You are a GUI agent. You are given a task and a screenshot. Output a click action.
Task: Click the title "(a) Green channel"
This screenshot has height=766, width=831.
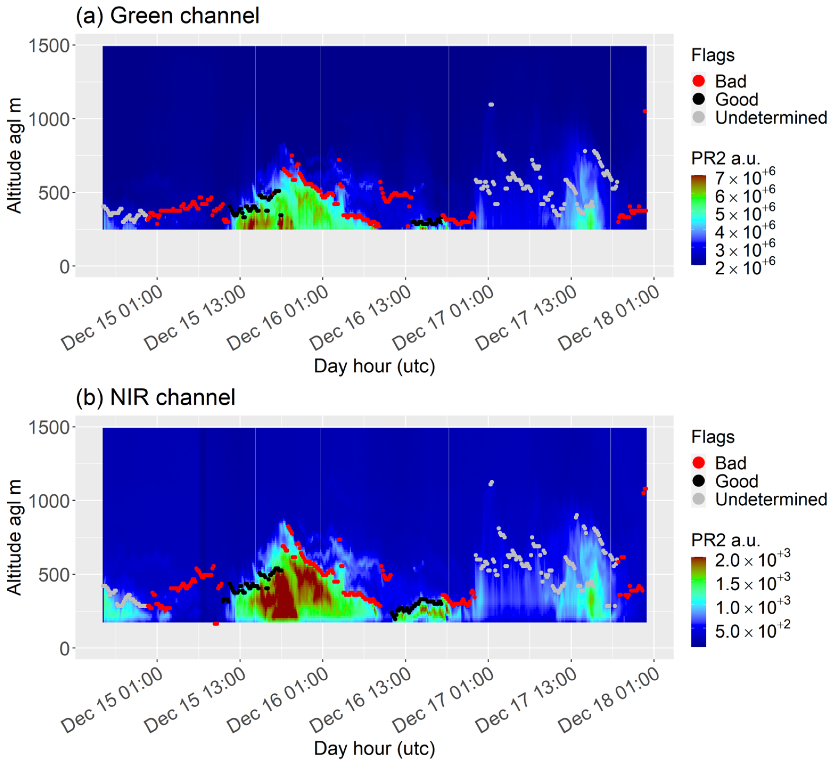[x=167, y=16]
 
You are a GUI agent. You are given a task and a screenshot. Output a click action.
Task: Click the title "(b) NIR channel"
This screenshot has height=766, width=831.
[x=155, y=397]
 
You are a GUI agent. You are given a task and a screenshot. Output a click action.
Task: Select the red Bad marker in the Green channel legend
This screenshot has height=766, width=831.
[x=698, y=81]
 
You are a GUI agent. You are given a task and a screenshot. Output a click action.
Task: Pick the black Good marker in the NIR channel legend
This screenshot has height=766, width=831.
[x=698, y=481]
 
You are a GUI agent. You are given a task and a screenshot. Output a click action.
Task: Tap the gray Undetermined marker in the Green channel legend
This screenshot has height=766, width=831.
[x=698, y=117]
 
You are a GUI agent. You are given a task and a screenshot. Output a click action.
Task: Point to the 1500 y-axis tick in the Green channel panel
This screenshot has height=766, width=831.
[x=49, y=45]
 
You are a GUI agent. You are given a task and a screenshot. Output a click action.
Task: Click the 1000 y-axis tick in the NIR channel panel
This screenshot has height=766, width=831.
[x=49, y=501]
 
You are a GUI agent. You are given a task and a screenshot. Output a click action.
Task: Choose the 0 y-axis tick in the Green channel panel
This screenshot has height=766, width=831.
[x=64, y=267]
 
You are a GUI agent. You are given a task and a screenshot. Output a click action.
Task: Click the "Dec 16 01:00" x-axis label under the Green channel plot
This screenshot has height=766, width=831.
[x=278, y=318]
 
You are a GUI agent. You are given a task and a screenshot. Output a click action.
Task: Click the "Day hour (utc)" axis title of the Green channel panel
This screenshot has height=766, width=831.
[x=374, y=366]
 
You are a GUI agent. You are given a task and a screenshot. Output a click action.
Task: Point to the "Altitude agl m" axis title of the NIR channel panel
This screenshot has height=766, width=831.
[x=14, y=538]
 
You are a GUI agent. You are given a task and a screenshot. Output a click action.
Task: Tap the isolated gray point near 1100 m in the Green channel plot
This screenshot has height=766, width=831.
[x=491, y=104]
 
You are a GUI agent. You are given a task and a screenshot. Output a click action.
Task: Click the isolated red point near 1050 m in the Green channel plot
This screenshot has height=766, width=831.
[x=644, y=111]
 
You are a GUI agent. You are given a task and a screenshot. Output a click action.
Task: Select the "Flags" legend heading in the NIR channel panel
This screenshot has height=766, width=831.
[x=713, y=437]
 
